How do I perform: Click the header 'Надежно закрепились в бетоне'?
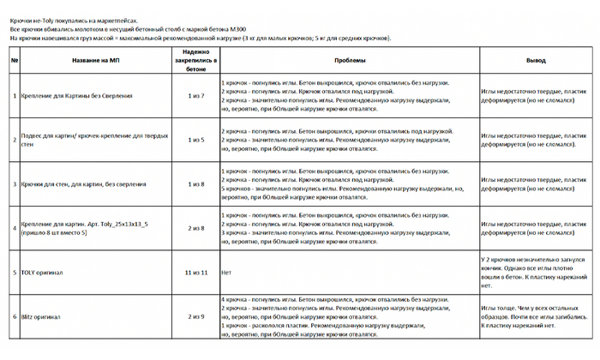pyautogui.click(x=196, y=61)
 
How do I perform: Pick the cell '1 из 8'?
pyautogui.click(x=196, y=183)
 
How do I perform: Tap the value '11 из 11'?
pyautogui.click(x=196, y=273)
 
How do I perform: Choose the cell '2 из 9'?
pyautogui.click(x=196, y=316)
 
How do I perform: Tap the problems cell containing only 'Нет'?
pyautogui.click(x=226, y=273)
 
